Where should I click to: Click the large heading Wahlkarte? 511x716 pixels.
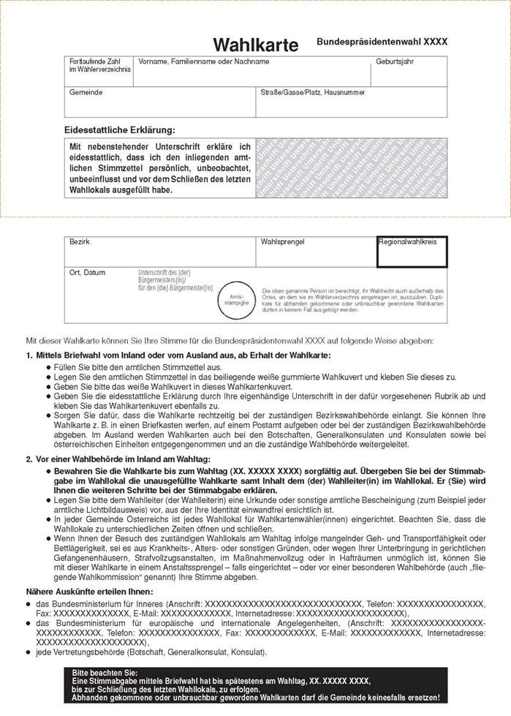pyautogui.click(x=256, y=45)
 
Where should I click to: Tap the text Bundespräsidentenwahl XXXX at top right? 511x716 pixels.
pyautogui.click(x=382, y=43)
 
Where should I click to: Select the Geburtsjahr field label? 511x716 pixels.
pyautogui.click(x=395, y=61)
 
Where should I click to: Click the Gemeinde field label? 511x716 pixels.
pyautogui.click(x=86, y=93)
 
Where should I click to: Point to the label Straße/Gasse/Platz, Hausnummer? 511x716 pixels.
pyautogui.click(x=312, y=93)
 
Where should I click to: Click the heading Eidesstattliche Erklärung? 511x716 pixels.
pyautogui.click(x=120, y=129)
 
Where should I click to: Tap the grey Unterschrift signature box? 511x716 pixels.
pyautogui.click(x=351, y=167)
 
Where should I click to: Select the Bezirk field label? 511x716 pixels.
pyautogui.click(x=79, y=241)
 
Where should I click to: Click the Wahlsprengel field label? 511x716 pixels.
pyautogui.click(x=282, y=241)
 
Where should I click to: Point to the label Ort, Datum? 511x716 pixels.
pyautogui.click(x=87, y=273)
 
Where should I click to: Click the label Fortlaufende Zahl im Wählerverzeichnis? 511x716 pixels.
pyautogui.click(x=100, y=65)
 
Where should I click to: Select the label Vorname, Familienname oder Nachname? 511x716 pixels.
pyautogui.click(x=204, y=61)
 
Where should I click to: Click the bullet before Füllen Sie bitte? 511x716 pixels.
pyautogui.click(x=48, y=367)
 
